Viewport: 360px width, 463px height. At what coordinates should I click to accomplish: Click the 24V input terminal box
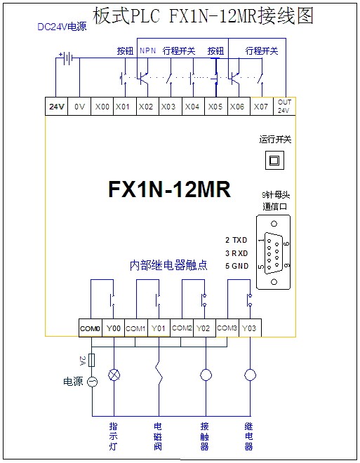(x=56, y=106)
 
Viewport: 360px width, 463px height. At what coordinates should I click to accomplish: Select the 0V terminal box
(x=79, y=106)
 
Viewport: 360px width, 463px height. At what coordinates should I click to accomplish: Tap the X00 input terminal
(x=102, y=106)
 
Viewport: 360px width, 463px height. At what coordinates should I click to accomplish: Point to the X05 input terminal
(x=216, y=106)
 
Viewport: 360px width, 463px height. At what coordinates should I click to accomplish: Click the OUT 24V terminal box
(x=284, y=106)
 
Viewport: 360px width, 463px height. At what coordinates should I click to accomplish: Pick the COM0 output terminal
(x=91, y=328)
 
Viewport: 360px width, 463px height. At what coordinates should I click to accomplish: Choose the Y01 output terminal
(x=159, y=328)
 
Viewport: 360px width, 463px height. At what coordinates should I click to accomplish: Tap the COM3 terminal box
(x=227, y=328)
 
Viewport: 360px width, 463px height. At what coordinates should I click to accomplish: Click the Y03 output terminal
(x=250, y=328)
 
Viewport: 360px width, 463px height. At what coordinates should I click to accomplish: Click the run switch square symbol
(x=274, y=161)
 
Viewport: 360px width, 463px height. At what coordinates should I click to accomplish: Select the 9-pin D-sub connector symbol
(x=274, y=253)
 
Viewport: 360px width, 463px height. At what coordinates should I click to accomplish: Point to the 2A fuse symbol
(x=92, y=360)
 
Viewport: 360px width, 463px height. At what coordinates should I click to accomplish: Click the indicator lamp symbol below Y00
(x=114, y=375)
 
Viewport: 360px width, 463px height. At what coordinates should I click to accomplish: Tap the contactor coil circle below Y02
(x=206, y=375)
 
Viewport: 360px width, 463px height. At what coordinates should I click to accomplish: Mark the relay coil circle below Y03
(x=250, y=375)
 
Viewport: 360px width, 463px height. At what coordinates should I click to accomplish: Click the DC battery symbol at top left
(x=67, y=58)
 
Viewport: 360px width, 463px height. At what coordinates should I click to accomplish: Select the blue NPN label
(x=147, y=51)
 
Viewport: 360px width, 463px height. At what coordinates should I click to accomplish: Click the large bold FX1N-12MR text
(x=169, y=189)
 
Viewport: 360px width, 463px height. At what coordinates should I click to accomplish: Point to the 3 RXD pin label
(x=236, y=253)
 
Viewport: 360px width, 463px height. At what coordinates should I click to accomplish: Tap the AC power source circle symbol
(x=92, y=382)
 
